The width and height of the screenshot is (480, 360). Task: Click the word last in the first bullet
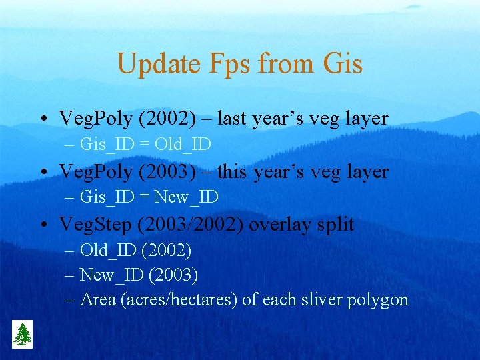click(231, 119)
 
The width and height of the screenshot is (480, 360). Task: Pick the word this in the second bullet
click(232, 171)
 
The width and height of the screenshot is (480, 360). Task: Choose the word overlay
click(281, 224)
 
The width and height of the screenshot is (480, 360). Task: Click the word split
click(336, 224)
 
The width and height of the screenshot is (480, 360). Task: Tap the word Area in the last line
click(97, 299)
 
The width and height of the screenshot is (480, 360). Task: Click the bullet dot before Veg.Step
click(42, 225)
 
